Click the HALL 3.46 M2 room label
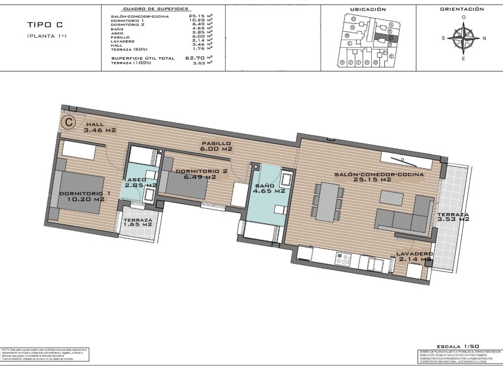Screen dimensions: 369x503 point(100,128)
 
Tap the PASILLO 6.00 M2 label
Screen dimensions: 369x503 point(216,146)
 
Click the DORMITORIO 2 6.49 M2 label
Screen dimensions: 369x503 point(202,174)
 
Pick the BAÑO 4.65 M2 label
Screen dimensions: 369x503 point(269,188)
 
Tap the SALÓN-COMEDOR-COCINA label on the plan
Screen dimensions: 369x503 point(379,177)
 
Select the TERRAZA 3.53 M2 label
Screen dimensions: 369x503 point(453,217)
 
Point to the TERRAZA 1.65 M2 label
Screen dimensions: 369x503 point(137,221)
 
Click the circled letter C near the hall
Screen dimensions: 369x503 point(69,122)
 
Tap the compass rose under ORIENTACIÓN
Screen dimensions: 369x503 point(463,38)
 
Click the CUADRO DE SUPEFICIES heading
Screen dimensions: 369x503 point(155,9)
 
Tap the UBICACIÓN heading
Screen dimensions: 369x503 point(368,9)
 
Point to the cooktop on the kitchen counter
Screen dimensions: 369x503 point(343,259)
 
